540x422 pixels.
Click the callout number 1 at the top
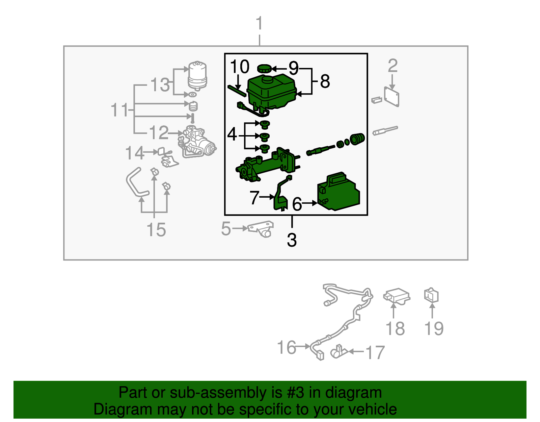(x=259, y=24)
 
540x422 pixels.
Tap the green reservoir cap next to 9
(x=264, y=69)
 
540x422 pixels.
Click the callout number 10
(x=239, y=67)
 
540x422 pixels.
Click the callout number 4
(x=232, y=134)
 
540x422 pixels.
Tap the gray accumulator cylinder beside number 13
(x=197, y=75)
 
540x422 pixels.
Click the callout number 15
(x=156, y=230)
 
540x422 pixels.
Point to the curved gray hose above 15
(x=135, y=182)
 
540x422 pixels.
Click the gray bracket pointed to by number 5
(x=262, y=229)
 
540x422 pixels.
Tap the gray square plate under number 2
(x=392, y=97)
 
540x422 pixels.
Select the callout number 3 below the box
(x=292, y=240)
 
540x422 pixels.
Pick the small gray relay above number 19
(x=431, y=295)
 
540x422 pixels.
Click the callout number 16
(x=287, y=347)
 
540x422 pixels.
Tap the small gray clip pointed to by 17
(x=339, y=351)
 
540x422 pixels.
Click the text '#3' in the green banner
(x=295, y=393)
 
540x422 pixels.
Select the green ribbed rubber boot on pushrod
(x=357, y=139)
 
